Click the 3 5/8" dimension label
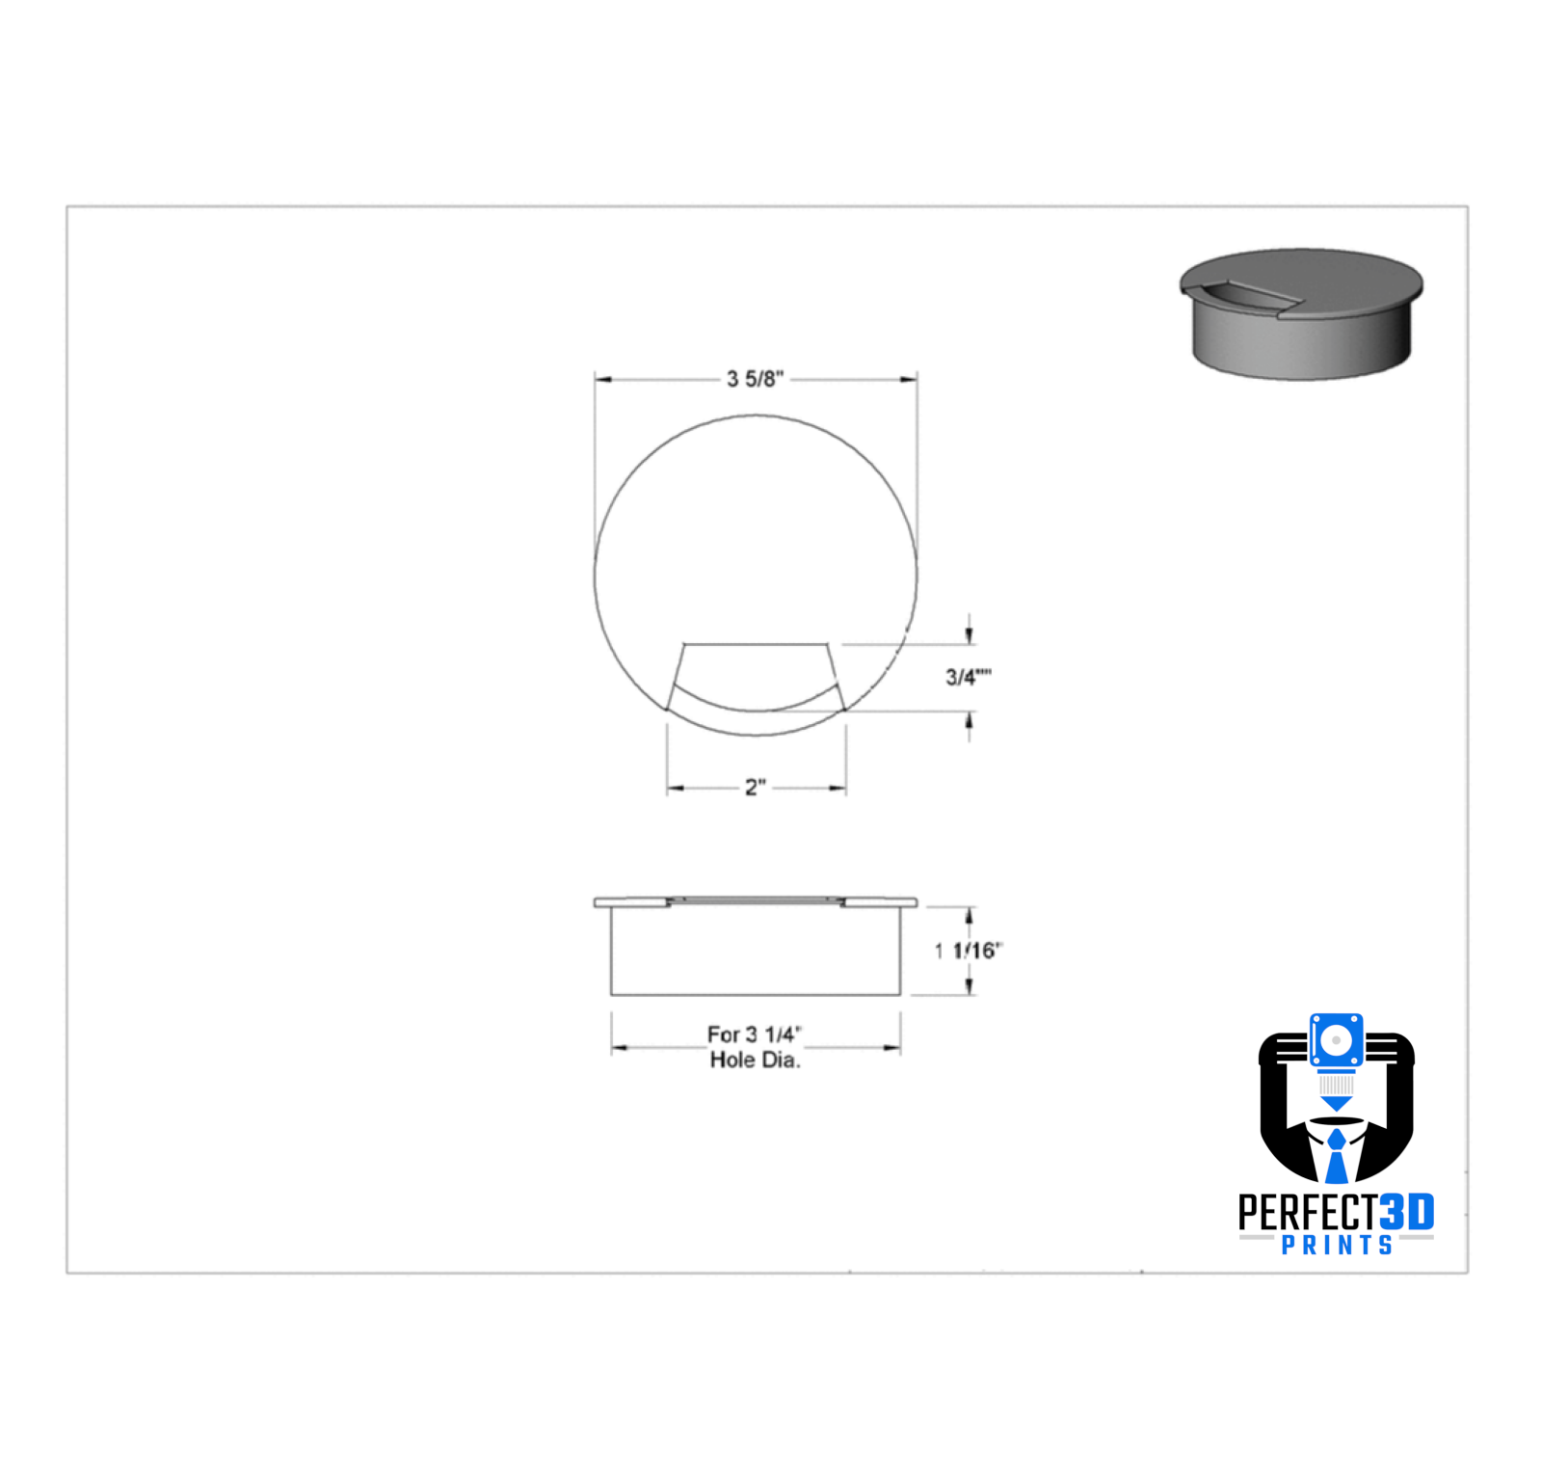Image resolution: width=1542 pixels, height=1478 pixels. click(756, 379)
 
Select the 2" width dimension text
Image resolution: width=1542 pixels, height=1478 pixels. click(756, 788)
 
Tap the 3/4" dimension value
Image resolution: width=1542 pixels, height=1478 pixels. click(969, 677)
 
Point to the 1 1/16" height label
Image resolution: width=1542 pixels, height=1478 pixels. click(969, 951)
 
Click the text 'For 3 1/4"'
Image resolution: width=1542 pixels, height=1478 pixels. click(755, 1035)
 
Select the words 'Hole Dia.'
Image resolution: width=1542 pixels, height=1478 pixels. click(756, 1061)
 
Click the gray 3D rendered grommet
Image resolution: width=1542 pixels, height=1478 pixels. click(1301, 314)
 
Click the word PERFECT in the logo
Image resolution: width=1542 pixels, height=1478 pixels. click(1308, 1212)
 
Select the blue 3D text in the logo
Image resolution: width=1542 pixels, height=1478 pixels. click(1407, 1212)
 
